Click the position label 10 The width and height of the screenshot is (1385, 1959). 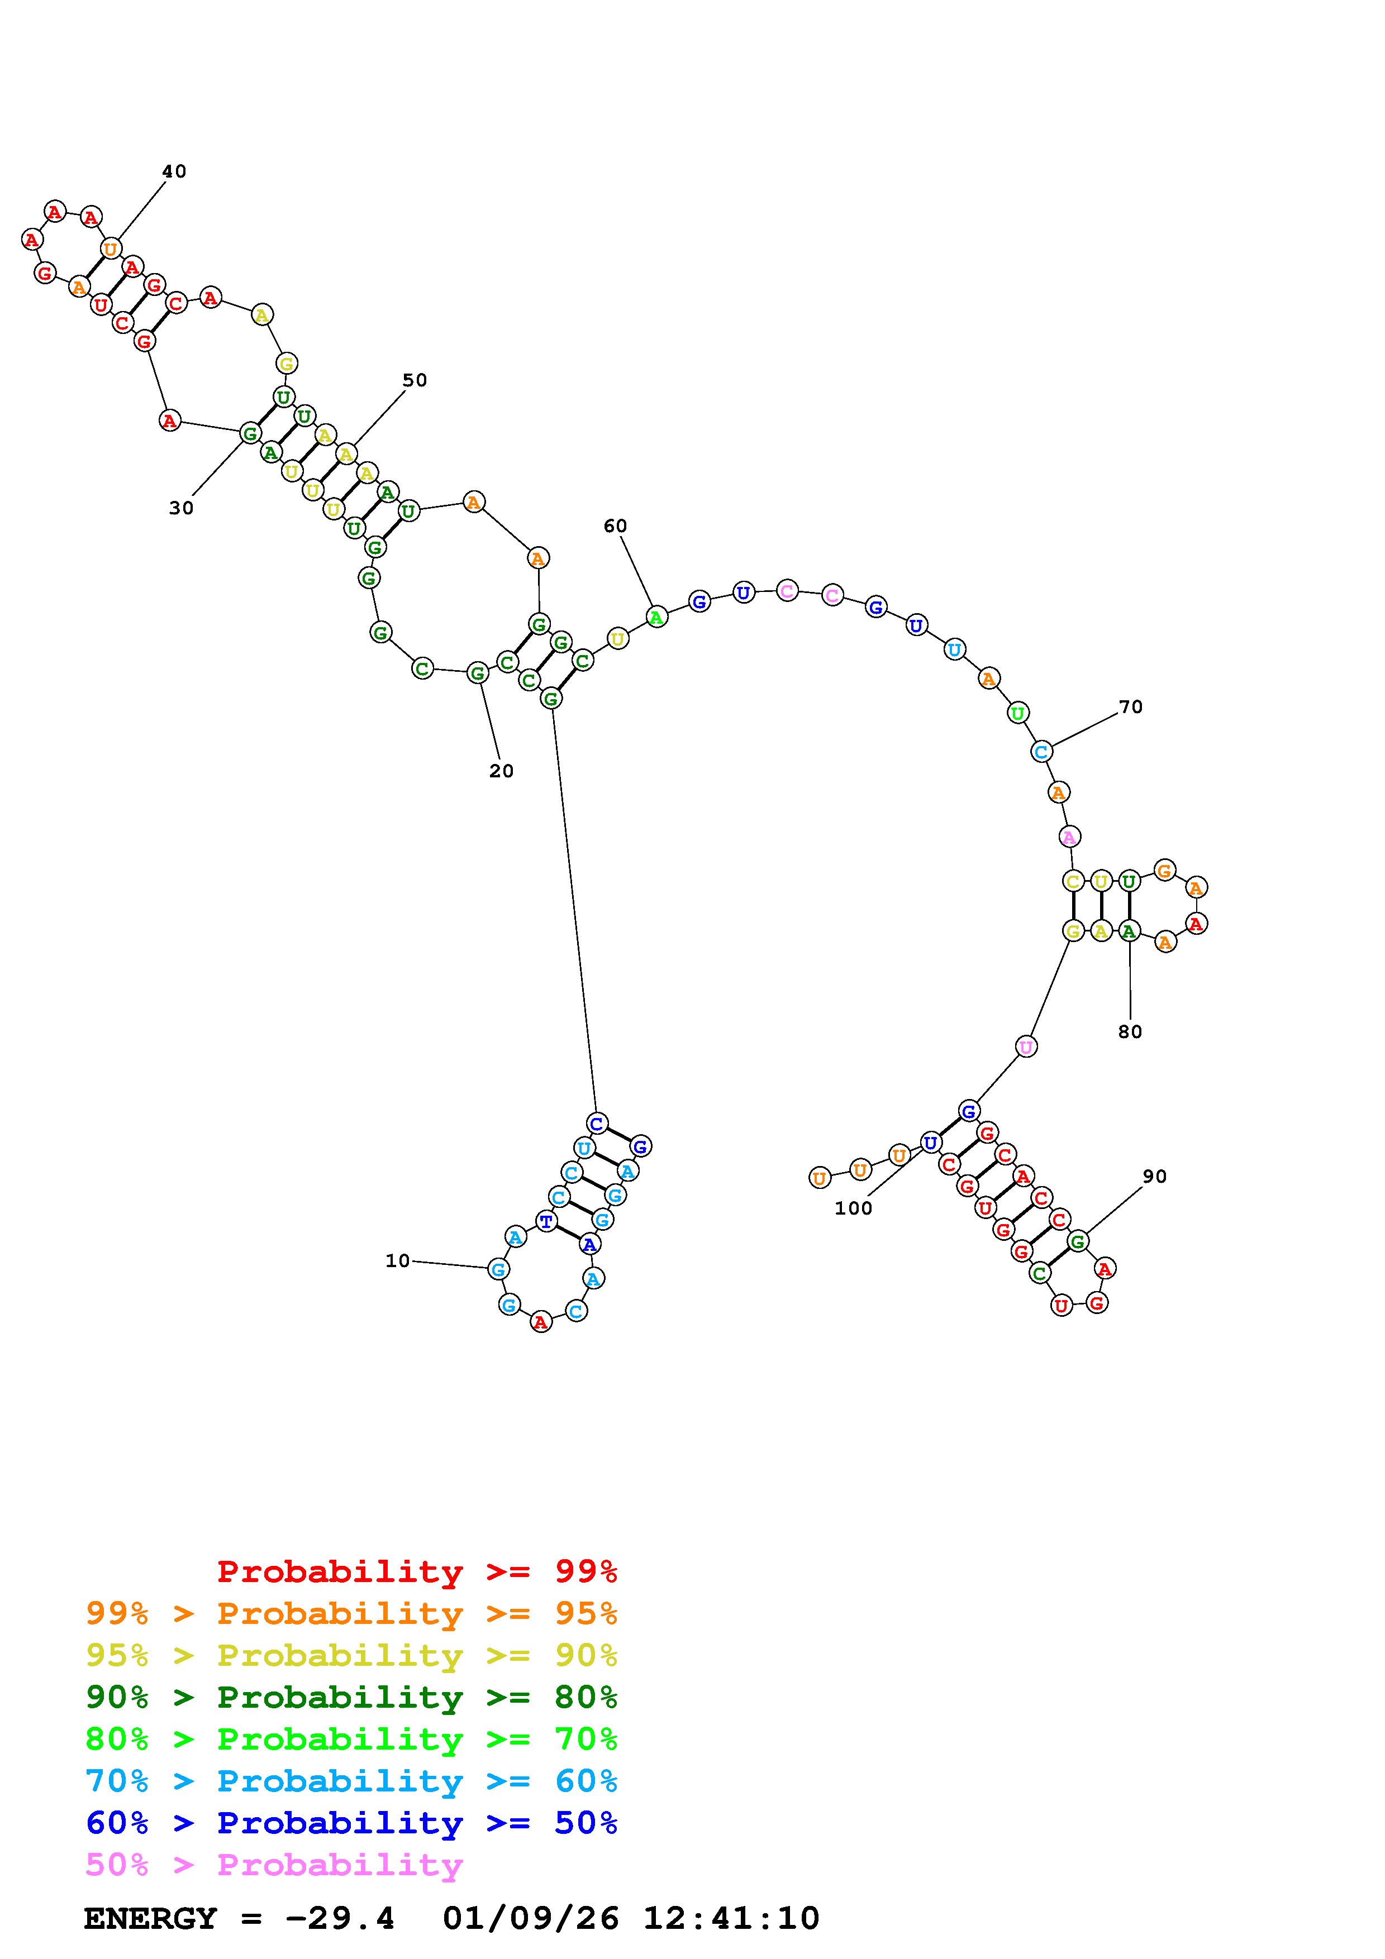point(398,1260)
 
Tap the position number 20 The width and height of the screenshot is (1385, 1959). point(502,771)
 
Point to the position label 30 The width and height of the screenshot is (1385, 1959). point(181,509)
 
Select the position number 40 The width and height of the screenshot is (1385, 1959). point(174,171)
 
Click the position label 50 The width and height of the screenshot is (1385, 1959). point(415,380)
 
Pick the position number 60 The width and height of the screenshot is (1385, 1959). point(615,527)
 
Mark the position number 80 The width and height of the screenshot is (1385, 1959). point(1130,1031)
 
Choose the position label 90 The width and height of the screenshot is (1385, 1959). point(1155,1177)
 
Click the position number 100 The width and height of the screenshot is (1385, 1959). point(853,1208)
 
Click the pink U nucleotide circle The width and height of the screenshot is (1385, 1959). point(1026,1046)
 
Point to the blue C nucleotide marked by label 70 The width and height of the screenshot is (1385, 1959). point(1041,752)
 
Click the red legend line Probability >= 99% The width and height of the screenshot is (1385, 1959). point(417,1571)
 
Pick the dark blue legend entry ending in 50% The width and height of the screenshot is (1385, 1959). point(351,1823)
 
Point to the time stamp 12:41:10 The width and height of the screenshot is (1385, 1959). point(731,1919)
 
